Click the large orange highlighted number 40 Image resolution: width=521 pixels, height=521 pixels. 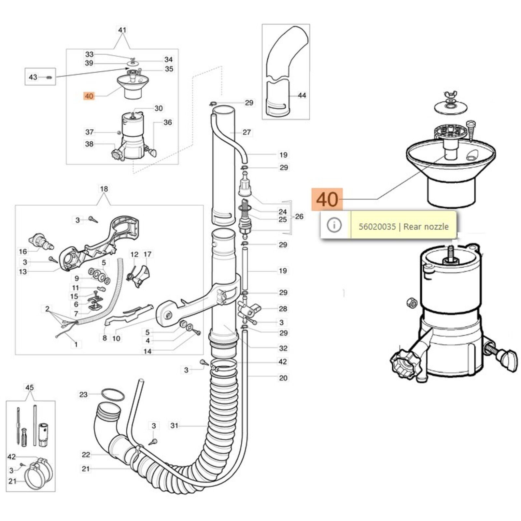[x=327, y=199]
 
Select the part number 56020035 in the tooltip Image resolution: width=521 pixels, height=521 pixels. [x=377, y=226]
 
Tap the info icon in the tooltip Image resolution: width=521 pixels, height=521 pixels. [x=334, y=225]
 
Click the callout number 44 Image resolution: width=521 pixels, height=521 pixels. [x=302, y=95]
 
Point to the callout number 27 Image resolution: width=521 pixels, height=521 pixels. [x=247, y=132]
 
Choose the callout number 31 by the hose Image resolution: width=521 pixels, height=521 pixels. [x=175, y=425]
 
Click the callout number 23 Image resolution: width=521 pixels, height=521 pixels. [x=84, y=394]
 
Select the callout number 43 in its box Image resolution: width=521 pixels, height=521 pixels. [x=33, y=77]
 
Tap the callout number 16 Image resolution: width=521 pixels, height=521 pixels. [x=23, y=251]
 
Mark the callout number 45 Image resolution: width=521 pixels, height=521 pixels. [x=30, y=387]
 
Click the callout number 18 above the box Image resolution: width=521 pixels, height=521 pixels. [x=104, y=189]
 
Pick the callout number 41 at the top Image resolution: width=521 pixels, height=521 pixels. [x=122, y=30]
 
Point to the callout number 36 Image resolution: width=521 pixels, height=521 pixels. [x=168, y=122]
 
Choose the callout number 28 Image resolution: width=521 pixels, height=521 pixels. [x=283, y=308]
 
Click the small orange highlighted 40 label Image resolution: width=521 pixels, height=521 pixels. [x=89, y=96]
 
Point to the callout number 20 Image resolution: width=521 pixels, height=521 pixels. [x=283, y=378]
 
